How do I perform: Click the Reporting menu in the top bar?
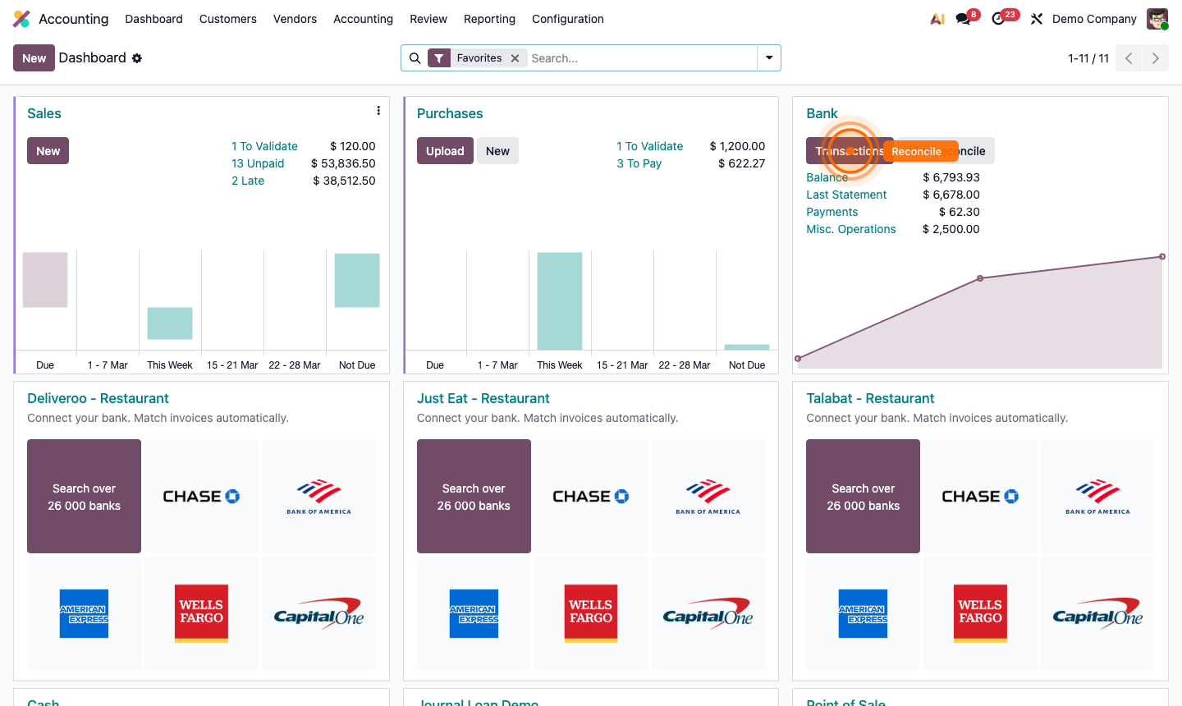click(x=489, y=19)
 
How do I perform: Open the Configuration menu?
click(x=567, y=19)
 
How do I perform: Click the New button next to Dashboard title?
click(x=34, y=58)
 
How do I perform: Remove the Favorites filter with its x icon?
click(x=515, y=58)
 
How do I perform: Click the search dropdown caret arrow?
click(x=769, y=58)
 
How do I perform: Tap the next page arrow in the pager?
click(x=1155, y=58)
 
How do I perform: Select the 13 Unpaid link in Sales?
click(x=258, y=163)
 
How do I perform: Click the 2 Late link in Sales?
click(x=248, y=181)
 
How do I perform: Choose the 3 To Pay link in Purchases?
click(x=639, y=163)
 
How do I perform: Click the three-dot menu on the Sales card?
click(x=378, y=111)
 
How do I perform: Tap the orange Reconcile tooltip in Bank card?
click(x=917, y=152)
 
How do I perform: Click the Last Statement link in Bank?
click(x=846, y=195)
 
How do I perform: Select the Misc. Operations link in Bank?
click(x=850, y=229)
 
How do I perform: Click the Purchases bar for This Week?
click(x=560, y=300)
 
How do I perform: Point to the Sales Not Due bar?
click(x=357, y=280)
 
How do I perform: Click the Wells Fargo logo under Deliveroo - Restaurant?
click(x=201, y=613)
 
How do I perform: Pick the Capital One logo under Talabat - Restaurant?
click(x=1097, y=613)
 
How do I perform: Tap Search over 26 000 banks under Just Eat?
click(x=474, y=497)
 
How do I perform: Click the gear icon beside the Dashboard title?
click(x=137, y=58)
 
